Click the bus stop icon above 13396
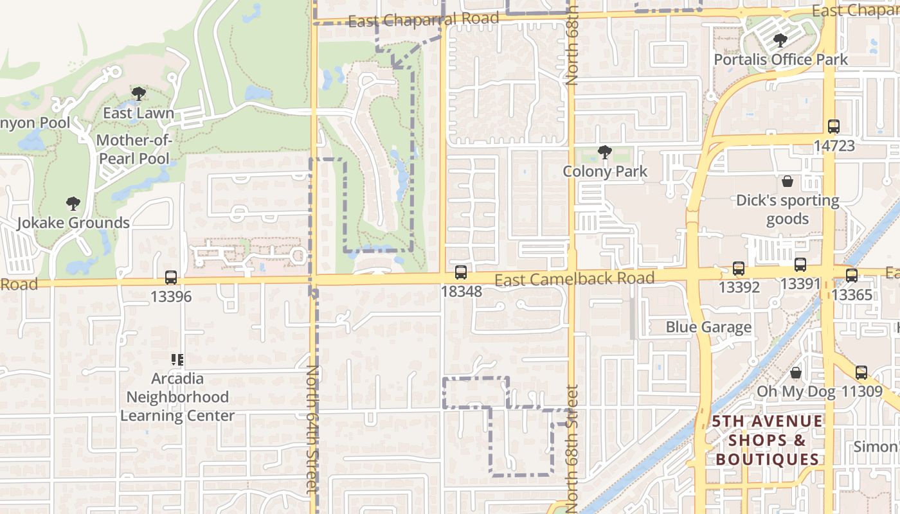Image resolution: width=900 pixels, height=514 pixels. [170, 278]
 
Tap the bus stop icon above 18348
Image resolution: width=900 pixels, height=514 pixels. [461, 272]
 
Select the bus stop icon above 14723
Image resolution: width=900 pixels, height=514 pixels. [834, 127]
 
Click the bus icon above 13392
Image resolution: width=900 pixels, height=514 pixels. [739, 269]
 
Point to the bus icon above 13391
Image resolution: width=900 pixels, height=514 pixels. [800, 264]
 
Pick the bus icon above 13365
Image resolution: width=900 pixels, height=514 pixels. [852, 276]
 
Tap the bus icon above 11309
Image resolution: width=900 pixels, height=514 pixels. [861, 372]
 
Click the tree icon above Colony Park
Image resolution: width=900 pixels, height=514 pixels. [604, 152]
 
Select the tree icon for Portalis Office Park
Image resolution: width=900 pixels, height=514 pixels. [780, 40]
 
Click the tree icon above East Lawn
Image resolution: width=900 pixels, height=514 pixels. [138, 94]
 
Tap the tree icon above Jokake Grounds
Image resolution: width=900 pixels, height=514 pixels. [73, 204]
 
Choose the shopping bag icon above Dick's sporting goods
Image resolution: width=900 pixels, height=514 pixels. [788, 181]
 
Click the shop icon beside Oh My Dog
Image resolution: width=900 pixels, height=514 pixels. [796, 373]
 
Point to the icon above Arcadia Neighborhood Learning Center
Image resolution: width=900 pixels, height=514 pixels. [177, 359]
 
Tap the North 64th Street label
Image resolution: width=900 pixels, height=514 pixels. [312, 429]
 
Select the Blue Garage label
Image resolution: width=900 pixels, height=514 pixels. [708, 327]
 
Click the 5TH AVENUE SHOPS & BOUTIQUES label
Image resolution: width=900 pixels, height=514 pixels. [767, 440]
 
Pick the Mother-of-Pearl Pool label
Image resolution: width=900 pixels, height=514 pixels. [133, 149]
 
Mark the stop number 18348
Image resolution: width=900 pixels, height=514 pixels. [461, 291]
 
